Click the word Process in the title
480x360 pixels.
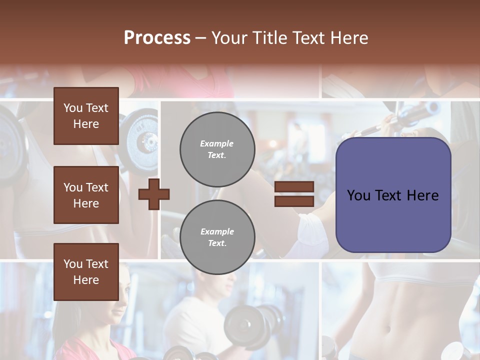(157, 38)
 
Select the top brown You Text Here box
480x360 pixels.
(86, 116)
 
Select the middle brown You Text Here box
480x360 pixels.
(86, 195)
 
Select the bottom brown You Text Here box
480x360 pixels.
(86, 272)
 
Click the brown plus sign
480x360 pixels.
(154, 193)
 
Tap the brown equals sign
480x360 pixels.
(294, 194)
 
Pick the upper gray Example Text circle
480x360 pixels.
(217, 149)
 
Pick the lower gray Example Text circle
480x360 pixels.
(217, 237)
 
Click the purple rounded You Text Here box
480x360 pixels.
(393, 195)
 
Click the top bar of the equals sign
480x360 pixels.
(294, 187)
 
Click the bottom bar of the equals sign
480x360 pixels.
(294, 201)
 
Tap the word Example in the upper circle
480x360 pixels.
(216, 143)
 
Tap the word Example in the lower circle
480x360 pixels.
(217, 231)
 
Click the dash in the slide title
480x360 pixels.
(201, 38)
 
